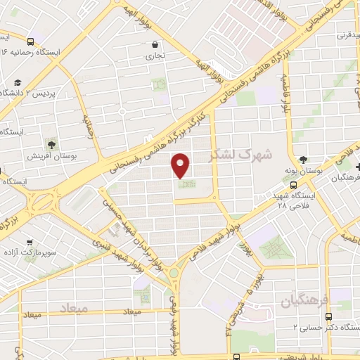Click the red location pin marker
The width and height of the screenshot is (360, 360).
click(x=181, y=165)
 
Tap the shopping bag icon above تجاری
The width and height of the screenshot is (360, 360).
click(x=154, y=44)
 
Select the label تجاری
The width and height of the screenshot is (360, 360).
click(x=154, y=55)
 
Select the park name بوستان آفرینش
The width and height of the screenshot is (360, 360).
click(x=51, y=155)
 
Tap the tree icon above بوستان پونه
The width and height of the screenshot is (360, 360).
click(x=303, y=160)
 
